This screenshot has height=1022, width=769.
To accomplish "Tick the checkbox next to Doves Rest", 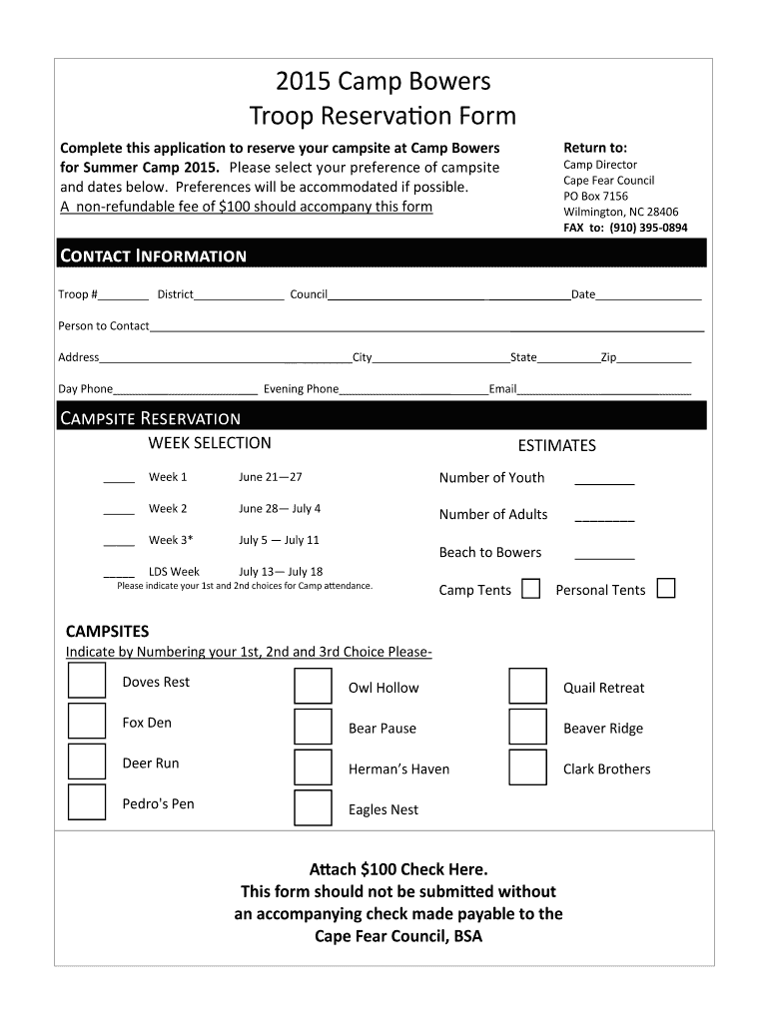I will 87,679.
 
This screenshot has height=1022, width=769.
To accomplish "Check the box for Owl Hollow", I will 313,687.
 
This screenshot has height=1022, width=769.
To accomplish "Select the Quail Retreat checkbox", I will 527,687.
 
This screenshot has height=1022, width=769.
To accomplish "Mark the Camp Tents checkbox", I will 532,588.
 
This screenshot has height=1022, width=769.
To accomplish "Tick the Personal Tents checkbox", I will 666,588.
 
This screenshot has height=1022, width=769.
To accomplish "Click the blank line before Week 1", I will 119,480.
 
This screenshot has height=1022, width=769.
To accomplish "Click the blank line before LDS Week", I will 119,575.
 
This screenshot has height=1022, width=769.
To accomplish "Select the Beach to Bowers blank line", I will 604,556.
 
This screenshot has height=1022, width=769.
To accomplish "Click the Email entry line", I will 604,392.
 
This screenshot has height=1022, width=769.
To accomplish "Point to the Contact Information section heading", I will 154,255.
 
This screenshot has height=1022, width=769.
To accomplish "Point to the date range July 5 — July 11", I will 279,540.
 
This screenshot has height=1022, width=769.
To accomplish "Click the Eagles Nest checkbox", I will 313,807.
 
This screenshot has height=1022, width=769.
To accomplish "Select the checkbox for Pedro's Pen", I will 87,801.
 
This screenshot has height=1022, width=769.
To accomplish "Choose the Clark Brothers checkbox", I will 527,767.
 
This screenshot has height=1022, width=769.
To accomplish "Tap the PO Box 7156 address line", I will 596,197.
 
